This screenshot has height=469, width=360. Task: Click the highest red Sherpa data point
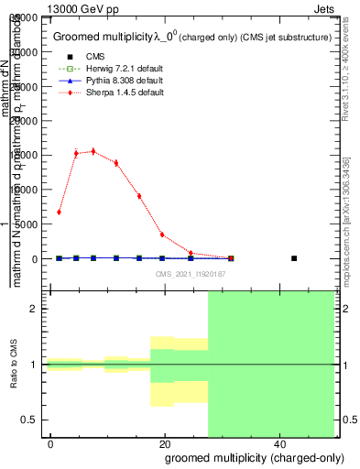click(x=93, y=151)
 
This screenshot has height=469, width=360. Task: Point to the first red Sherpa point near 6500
click(x=59, y=212)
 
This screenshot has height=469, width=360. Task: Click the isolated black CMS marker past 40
click(x=294, y=258)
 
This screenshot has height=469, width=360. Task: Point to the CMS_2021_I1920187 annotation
click(x=190, y=274)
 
